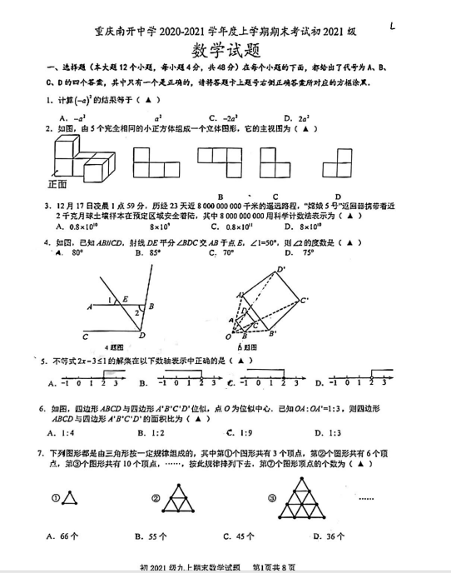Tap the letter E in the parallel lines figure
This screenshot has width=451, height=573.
tap(125, 299)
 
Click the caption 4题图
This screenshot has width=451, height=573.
tap(114, 347)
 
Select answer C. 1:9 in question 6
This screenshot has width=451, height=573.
tap(241, 433)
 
